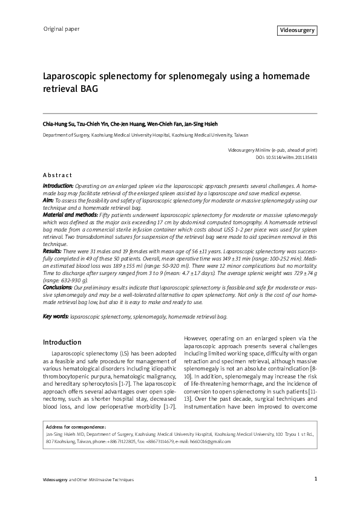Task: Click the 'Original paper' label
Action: (x=61, y=28)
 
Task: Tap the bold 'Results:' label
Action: (x=52, y=250)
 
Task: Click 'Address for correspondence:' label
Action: (x=76, y=427)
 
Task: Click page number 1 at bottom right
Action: (x=316, y=479)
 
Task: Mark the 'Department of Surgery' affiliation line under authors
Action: (x=145, y=136)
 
